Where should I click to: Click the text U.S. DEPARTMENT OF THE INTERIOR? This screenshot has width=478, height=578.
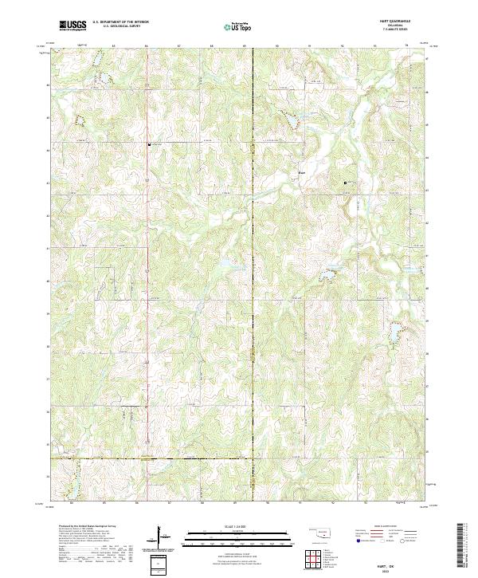point(120,22)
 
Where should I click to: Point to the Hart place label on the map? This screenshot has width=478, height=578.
point(301,169)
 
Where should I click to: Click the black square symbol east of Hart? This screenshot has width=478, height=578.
point(345,183)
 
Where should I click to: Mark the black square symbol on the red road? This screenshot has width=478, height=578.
point(148,144)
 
